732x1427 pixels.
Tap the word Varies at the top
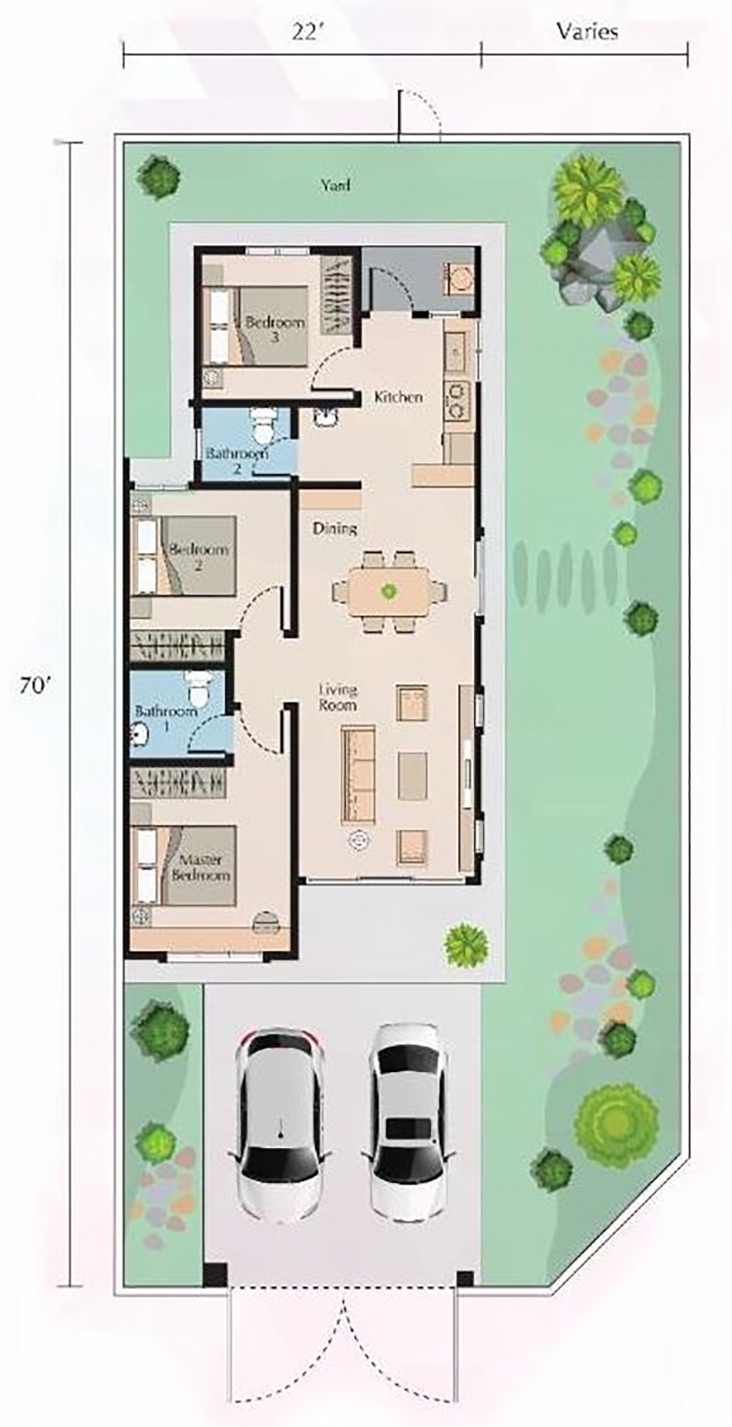[x=587, y=31]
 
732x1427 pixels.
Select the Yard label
[x=335, y=186]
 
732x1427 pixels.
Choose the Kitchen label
[x=397, y=396]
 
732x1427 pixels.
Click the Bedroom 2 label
[x=199, y=555]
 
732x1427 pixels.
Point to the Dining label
[x=335, y=528]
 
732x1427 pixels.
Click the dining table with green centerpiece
[x=388, y=592]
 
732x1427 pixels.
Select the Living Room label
[x=338, y=698]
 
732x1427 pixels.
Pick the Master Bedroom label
[x=200, y=868]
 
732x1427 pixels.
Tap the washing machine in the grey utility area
[x=458, y=278]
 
